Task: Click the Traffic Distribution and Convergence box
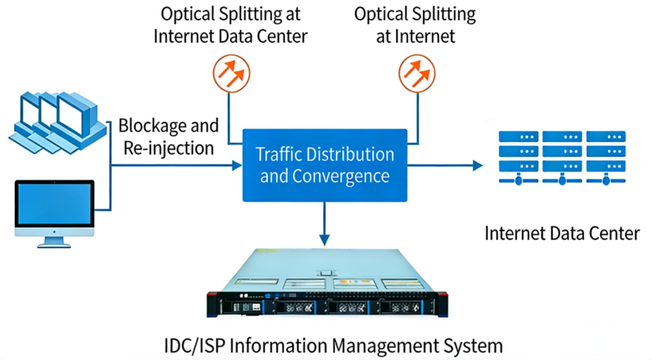pyautogui.click(x=325, y=165)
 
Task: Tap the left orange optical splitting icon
pyautogui.click(x=231, y=72)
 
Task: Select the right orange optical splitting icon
pyautogui.click(x=417, y=72)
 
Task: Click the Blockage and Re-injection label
pyautogui.click(x=169, y=136)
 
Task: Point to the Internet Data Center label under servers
pyautogui.click(x=561, y=233)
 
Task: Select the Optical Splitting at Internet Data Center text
pyautogui.click(x=231, y=25)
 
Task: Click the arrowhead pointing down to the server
pyautogui.click(x=325, y=240)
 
